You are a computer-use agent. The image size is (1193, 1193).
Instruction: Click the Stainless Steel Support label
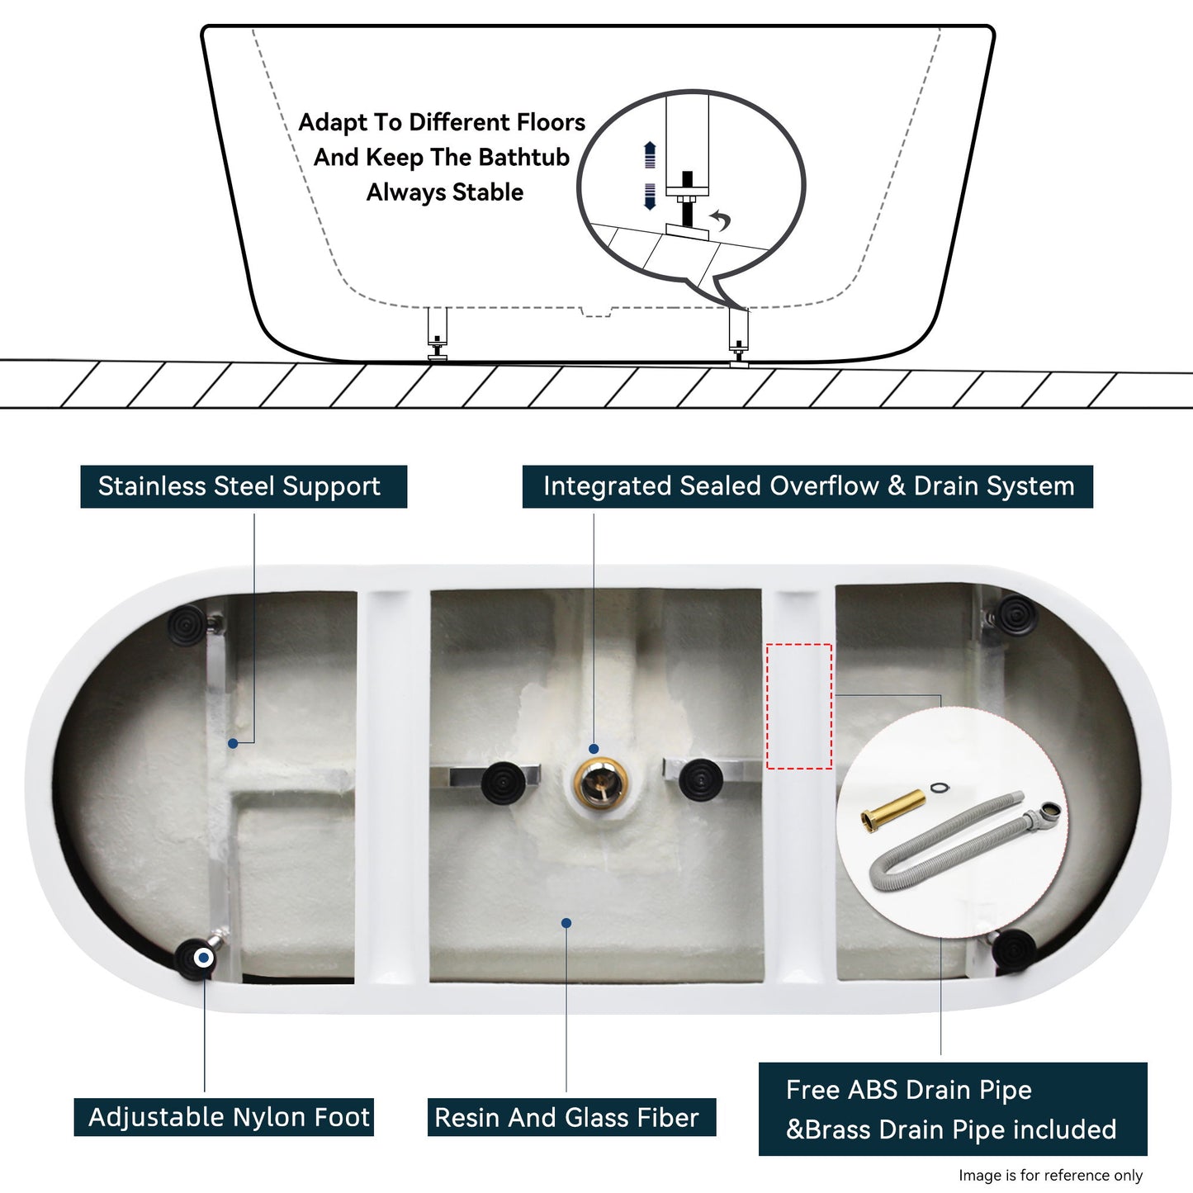243,486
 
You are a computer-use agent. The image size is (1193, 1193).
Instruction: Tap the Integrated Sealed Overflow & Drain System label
807,486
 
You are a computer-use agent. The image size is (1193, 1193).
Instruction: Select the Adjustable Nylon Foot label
225,1117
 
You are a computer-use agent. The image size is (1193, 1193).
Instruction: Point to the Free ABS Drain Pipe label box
952,1109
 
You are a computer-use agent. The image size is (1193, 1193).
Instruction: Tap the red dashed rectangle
798,706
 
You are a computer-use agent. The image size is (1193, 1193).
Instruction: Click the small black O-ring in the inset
939,788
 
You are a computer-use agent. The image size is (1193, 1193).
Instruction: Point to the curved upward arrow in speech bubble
721,220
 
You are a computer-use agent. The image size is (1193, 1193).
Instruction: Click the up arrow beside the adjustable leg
650,154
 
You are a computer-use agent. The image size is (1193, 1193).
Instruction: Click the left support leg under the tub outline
437,334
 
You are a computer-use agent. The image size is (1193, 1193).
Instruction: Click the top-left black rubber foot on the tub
188,623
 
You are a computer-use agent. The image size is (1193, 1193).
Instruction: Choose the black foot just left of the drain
502,781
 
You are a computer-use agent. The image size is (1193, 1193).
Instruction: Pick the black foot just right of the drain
701,779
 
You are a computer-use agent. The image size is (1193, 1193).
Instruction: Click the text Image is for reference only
1050,1175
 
